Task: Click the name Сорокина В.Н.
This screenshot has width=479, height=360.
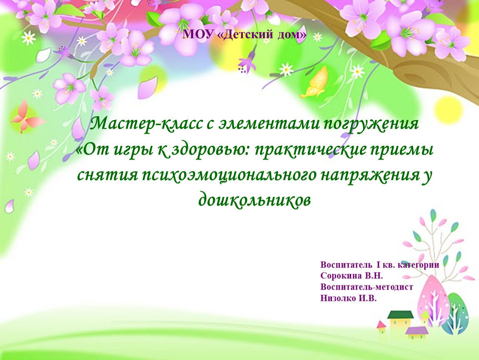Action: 351,276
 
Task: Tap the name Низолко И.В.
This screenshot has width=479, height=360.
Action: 348,298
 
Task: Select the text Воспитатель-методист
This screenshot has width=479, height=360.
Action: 367,287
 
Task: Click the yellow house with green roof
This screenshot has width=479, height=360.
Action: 400,322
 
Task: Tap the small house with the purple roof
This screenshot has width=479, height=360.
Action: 416,333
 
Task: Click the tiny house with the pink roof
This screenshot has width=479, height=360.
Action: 382,327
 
